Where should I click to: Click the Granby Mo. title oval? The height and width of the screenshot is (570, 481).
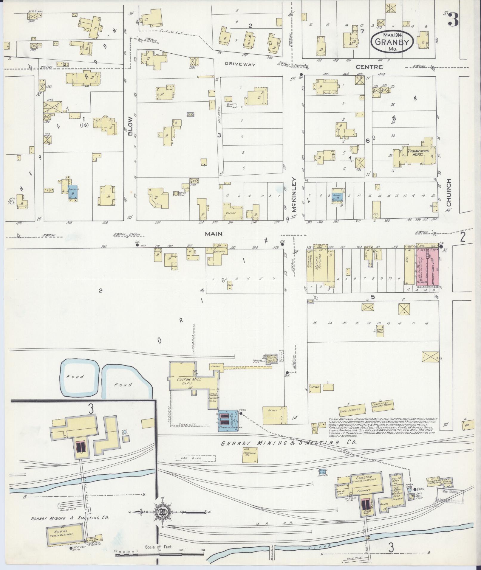click(392, 43)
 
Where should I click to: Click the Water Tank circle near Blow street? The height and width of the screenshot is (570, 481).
click(176, 194)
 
